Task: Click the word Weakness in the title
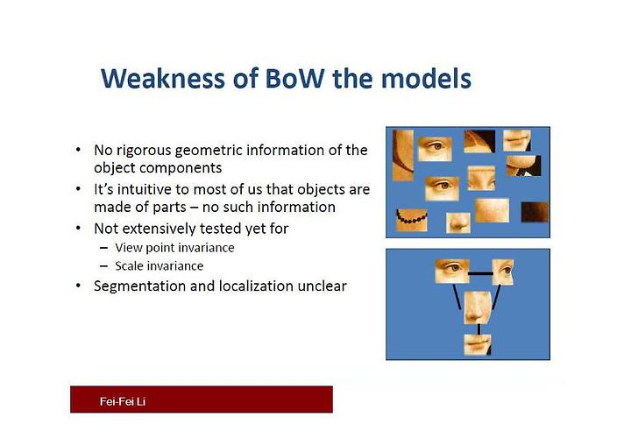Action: [x=163, y=78]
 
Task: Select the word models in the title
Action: [x=426, y=78]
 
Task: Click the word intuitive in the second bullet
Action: [x=148, y=189]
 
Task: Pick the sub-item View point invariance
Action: [x=174, y=247]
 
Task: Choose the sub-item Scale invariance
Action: [x=159, y=265]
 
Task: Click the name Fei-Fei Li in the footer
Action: [x=123, y=401]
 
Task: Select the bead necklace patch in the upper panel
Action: [x=411, y=220]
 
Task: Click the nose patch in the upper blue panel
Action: [x=458, y=222]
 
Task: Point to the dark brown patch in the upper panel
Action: [x=535, y=212]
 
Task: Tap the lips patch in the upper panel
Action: [x=517, y=140]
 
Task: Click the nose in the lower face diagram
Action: [x=477, y=307]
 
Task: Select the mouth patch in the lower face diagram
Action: [x=478, y=345]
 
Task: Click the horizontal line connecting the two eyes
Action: [x=480, y=273]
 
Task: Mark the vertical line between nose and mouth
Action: [x=479, y=328]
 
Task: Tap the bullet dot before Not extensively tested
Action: [x=78, y=228]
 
